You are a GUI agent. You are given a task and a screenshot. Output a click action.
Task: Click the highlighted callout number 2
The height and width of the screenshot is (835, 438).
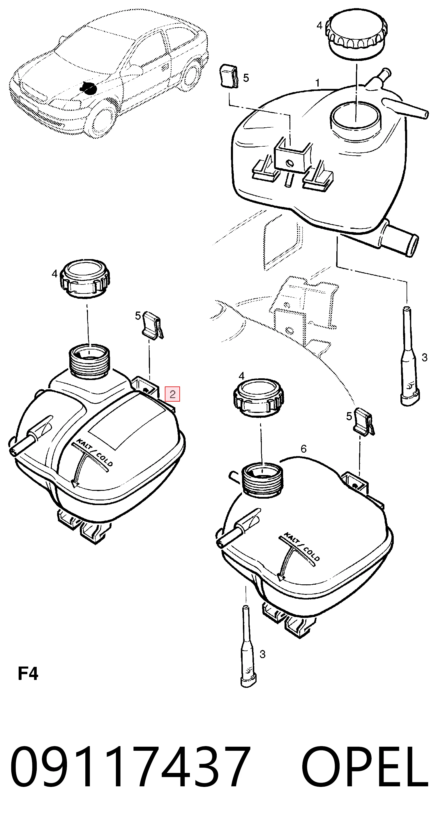coord(172,394)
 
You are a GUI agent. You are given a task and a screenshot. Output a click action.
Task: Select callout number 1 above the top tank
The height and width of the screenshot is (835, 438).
coord(317,83)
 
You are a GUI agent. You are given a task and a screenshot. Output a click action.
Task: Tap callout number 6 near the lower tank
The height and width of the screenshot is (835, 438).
coord(303,449)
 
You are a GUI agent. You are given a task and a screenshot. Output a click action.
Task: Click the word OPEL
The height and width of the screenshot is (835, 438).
coord(365,766)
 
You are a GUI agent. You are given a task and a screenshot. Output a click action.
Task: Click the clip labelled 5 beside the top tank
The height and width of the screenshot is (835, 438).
coord(229,76)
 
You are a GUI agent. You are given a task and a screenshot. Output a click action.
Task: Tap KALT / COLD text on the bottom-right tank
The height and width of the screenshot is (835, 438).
coord(302,546)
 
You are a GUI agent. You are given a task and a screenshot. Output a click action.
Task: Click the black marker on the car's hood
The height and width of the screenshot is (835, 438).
coord(88,87)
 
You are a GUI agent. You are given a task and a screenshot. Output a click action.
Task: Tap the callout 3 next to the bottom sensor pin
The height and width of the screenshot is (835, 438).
coord(262,654)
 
